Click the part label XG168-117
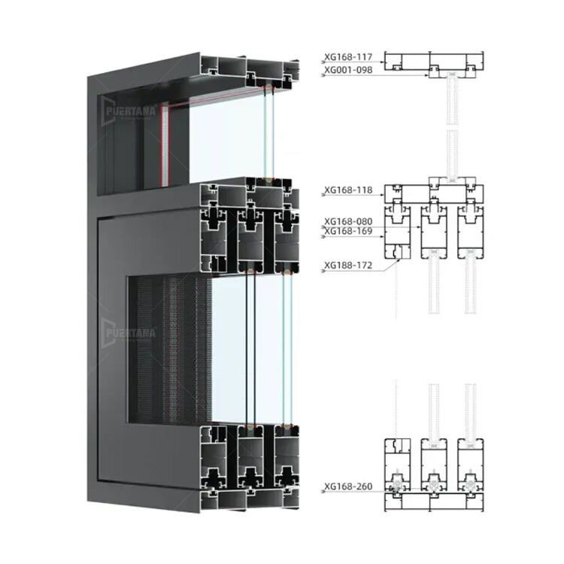click(348, 57)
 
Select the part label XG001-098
click(348, 70)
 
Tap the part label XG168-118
click(348, 190)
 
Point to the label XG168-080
click(348, 221)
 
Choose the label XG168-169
click(348, 231)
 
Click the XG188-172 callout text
click(348, 265)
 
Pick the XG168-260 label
click(348, 487)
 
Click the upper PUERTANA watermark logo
click(129, 111)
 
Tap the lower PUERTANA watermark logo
click(129, 332)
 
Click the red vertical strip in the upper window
click(160, 144)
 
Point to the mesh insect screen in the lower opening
click(170, 350)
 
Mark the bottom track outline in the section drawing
click(434, 502)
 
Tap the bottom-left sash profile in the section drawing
click(398, 465)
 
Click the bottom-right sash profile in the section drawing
click(471, 465)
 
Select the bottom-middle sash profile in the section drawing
click(434, 465)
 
